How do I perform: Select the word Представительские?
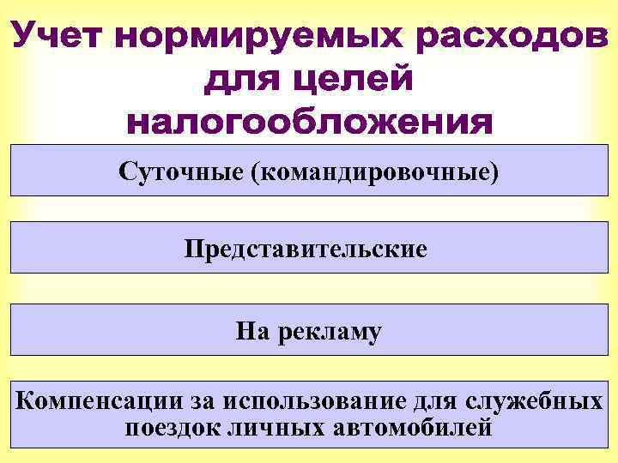306,250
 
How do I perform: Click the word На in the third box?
252,330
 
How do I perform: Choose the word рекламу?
330,332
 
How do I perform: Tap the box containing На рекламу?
308,330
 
